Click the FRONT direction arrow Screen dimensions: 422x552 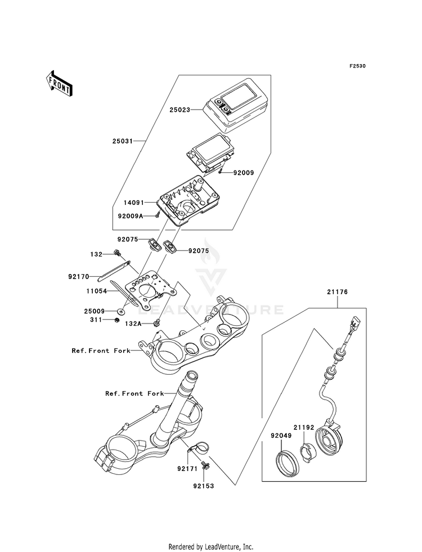pyautogui.click(x=59, y=83)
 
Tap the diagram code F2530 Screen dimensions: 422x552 pyautogui.click(x=357, y=66)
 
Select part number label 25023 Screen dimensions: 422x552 pyautogui.click(x=179, y=110)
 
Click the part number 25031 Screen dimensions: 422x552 pyautogui.click(x=123, y=141)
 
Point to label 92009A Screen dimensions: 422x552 pyautogui.click(x=131, y=216)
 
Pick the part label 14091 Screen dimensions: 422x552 pyautogui.click(x=134, y=203)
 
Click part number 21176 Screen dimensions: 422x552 pyautogui.click(x=337, y=292)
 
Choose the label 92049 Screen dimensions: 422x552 pyautogui.click(x=281, y=436)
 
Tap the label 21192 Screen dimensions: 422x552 pyautogui.click(x=304, y=428)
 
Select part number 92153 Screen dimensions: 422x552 pyautogui.click(x=204, y=486)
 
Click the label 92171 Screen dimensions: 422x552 pyautogui.click(x=187, y=469)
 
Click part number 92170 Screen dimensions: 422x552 pyautogui.click(x=78, y=277)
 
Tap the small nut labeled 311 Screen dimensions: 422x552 pyautogui.click(x=116, y=320)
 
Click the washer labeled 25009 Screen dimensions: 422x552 pyautogui.click(x=122, y=311)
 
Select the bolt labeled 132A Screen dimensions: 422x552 pyautogui.click(x=157, y=322)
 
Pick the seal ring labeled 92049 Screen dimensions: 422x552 pyautogui.click(x=287, y=464)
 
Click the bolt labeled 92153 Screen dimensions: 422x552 pyautogui.click(x=205, y=466)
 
